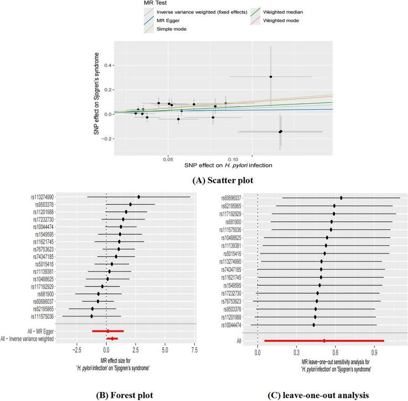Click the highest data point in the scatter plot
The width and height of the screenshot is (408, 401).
(271, 77)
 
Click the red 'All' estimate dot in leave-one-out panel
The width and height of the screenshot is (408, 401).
(325, 341)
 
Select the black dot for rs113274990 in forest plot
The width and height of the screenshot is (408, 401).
(139, 197)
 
